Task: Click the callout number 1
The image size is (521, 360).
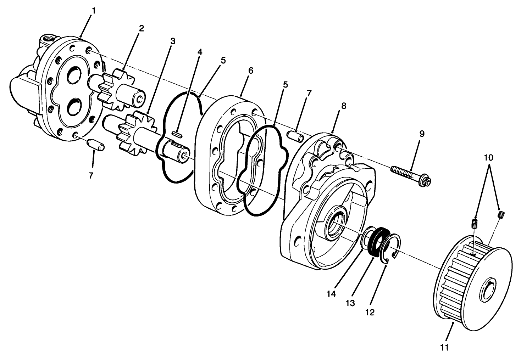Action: point(93,11)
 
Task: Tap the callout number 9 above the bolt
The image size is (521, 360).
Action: point(421,134)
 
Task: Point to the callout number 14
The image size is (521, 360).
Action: point(331,294)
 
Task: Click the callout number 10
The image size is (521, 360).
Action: point(489,157)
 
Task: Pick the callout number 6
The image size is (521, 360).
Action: point(250,71)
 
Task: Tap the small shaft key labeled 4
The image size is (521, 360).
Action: point(177,134)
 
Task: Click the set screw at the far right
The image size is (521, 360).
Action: point(501,214)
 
